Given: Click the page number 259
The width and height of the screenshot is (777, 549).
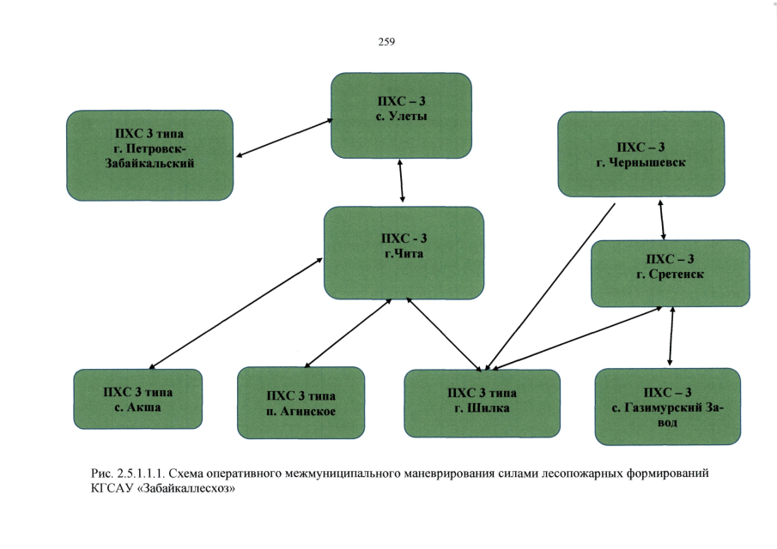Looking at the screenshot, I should pyautogui.click(x=385, y=41).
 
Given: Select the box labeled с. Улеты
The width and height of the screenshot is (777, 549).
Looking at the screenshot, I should pyautogui.click(x=402, y=114).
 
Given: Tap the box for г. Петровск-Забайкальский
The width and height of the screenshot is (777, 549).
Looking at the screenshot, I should pyautogui.click(x=149, y=154).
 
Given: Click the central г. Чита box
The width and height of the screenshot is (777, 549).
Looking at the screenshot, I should pyautogui.click(x=403, y=252).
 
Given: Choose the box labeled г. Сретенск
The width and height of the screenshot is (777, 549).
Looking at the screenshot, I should pyautogui.click(x=670, y=273).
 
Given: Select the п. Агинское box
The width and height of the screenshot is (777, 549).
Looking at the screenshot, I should pyautogui.click(x=300, y=403).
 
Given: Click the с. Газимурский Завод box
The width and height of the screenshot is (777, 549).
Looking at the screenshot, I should pyautogui.click(x=667, y=406).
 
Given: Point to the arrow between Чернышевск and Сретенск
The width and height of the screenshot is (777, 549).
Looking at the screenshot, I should pyautogui.click(x=661, y=219).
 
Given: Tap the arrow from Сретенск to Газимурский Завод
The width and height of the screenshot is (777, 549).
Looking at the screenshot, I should pyautogui.click(x=671, y=336).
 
